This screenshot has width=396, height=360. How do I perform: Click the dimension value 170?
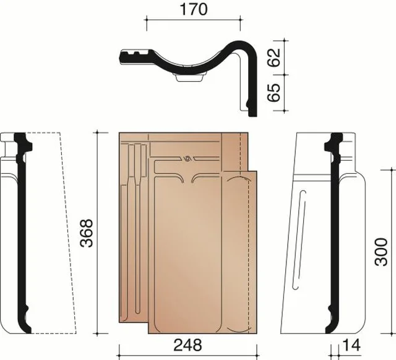194,9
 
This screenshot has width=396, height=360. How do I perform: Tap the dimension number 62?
274,58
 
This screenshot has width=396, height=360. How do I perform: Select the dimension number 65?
274,92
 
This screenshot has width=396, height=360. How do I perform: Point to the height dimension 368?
87,233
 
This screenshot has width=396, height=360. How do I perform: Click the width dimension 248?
187,345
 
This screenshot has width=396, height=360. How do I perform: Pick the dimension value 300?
381,252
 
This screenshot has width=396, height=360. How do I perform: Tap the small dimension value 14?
351,345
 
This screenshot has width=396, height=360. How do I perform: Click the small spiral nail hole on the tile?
187,159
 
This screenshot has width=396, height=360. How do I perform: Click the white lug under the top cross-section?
189,78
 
